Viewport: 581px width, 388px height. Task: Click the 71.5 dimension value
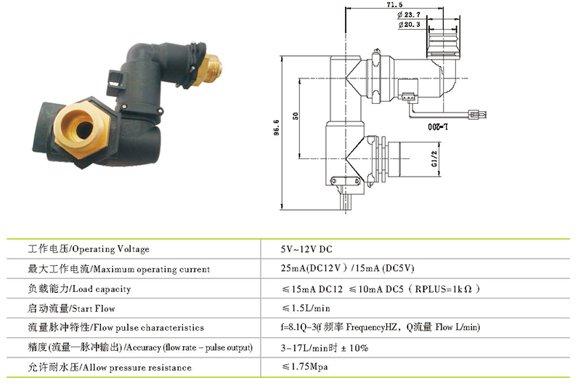pyautogui.click(x=394, y=4)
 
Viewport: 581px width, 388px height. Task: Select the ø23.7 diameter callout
pyautogui.click(x=409, y=15)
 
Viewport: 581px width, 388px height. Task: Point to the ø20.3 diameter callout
pyautogui.click(x=410, y=25)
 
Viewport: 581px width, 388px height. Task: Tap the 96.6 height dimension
pyautogui.click(x=277, y=127)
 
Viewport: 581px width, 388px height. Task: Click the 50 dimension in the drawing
pyautogui.click(x=296, y=116)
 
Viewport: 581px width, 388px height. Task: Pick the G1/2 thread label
pyautogui.click(x=434, y=158)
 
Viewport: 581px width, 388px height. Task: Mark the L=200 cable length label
pyautogui.click(x=438, y=126)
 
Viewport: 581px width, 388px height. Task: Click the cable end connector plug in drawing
pyautogui.click(x=478, y=115)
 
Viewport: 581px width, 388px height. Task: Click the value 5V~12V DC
pyautogui.click(x=306, y=249)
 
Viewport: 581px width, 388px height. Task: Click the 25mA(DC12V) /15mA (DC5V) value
pyautogui.click(x=347, y=268)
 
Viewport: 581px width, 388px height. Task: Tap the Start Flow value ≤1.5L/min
pyautogui.click(x=306, y=308)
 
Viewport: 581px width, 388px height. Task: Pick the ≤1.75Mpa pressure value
pyautogui.click(x=304, y=366)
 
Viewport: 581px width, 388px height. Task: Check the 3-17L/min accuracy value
pyautogui.click(x=324, y=348)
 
